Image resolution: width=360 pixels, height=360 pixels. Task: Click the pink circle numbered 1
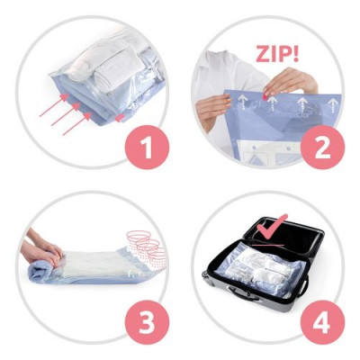[142, 143]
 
